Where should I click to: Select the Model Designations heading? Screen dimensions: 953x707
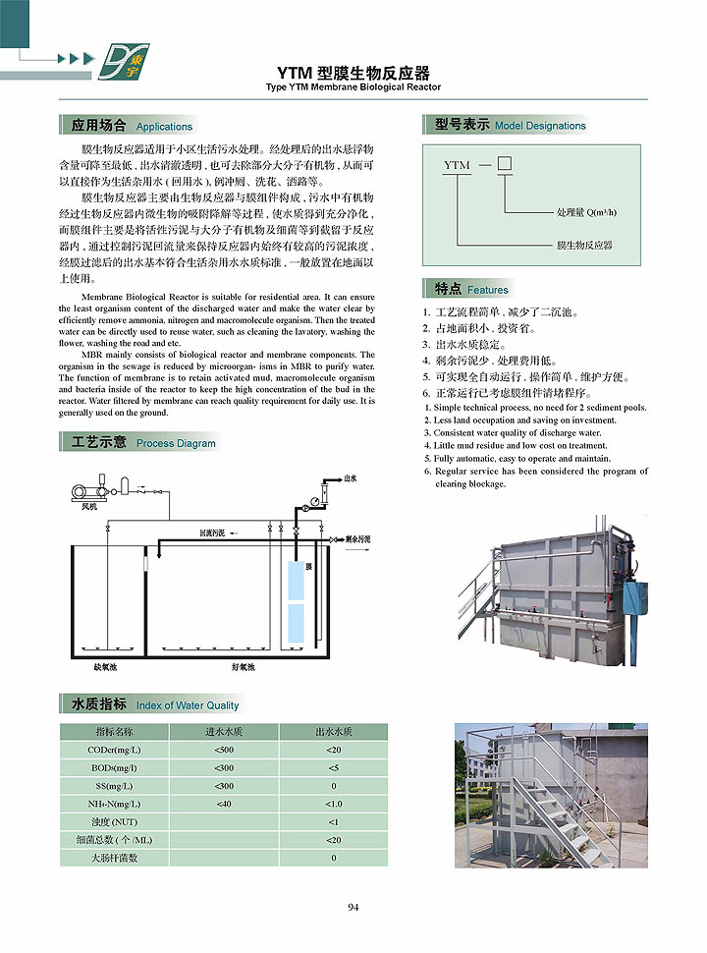click(540, 126)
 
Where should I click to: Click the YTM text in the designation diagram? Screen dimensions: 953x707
click(457, 166)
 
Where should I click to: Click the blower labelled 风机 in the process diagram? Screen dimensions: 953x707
click(87, 488)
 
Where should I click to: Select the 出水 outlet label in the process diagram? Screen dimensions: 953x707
click(350, 478)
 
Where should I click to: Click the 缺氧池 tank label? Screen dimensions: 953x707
click(105, 667)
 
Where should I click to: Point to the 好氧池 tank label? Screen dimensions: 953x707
click(243, 667)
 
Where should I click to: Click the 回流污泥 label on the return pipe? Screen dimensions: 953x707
click(212, 533)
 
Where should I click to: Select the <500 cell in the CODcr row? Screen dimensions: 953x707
click(224, 750)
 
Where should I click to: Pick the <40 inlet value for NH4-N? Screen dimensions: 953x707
click(224, 804)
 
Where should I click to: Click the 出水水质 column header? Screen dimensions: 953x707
click(333, 732)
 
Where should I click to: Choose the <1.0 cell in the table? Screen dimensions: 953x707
click(333, 804)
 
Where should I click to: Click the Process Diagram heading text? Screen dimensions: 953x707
click(176, 443)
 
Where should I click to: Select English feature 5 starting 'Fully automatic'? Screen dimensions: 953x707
click(521, 458)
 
